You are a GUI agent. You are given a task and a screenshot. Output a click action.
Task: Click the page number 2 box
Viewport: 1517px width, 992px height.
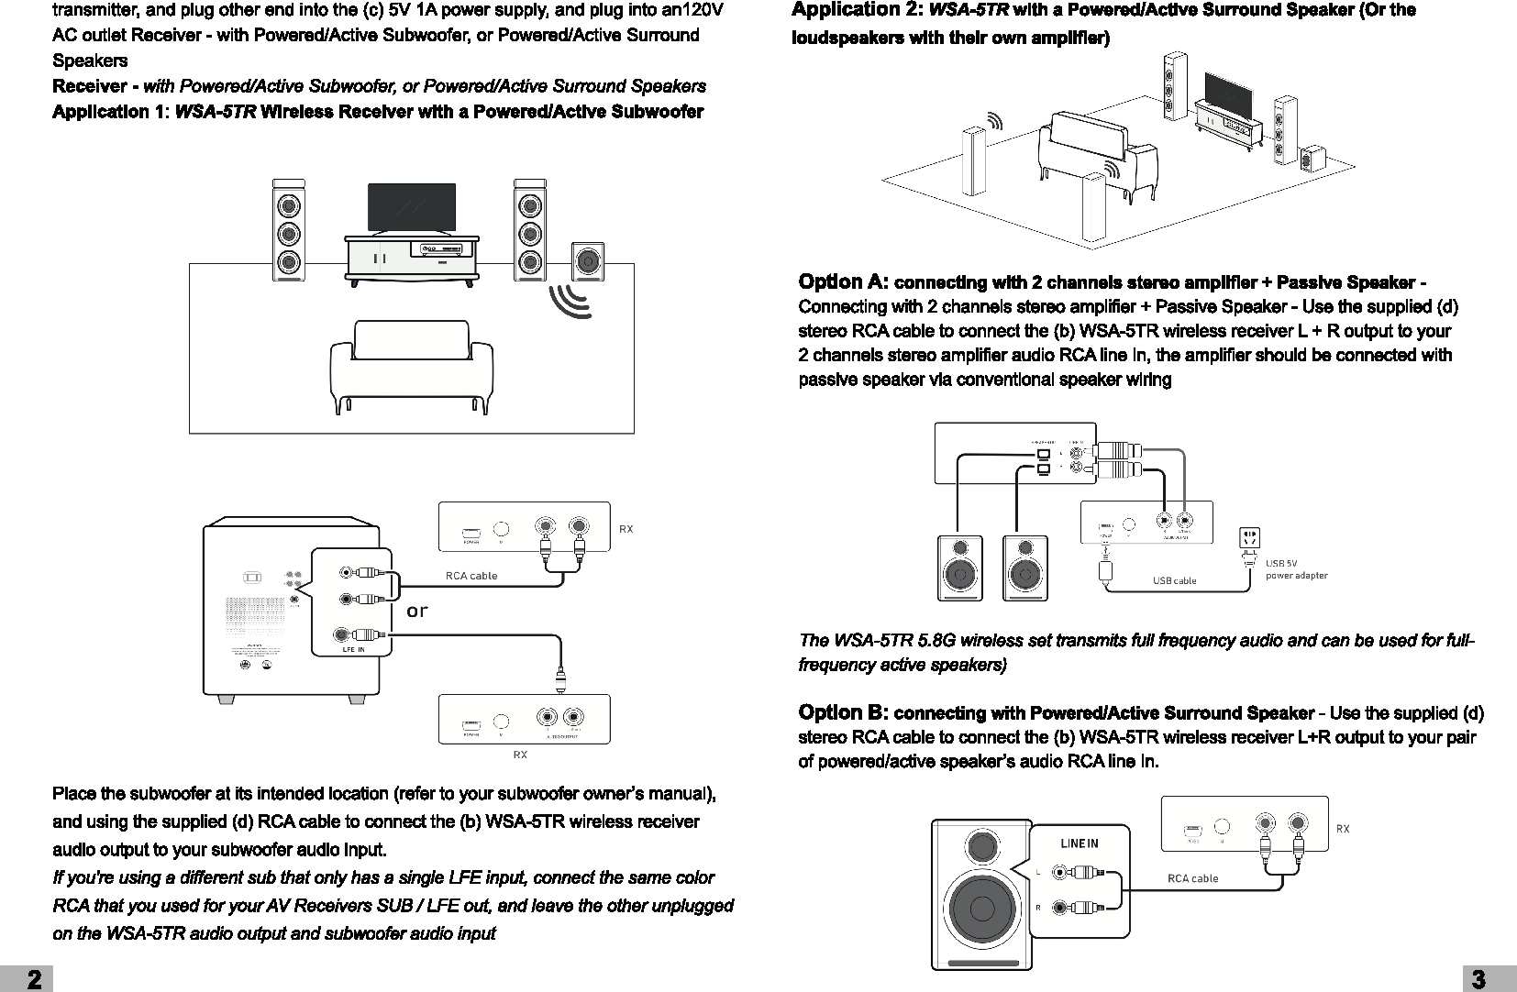click(x=28, y=979)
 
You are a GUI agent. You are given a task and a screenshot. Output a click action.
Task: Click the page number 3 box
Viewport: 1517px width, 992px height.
click(x=1489, y=979)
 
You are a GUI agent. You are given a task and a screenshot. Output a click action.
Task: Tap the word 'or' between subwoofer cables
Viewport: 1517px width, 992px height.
click(x=417, y=611)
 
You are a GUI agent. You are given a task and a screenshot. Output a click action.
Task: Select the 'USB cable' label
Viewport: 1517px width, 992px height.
click(x=1174, y=580)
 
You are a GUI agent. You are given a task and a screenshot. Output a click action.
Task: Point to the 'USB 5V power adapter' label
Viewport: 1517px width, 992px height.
click(x=1296, y=569)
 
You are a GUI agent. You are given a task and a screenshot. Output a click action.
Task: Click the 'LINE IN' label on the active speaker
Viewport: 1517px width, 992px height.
click(x=1079, y=843)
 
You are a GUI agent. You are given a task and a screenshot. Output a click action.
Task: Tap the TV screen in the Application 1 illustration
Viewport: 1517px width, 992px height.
click(x=411, y=207)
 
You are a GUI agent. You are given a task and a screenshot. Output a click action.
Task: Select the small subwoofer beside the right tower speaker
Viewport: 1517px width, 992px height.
click(x=587, y=261)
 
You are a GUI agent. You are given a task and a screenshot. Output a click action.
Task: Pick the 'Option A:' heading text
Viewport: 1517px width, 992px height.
click(x=843, y=281)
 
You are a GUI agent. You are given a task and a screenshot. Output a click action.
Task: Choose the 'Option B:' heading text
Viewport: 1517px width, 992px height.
click(x=843, y=712)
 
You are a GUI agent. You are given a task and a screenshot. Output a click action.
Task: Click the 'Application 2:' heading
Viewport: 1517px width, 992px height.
click(x=858, y=10)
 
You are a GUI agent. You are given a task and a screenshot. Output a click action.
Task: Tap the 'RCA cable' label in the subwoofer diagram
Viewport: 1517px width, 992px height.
click(x=471, y=576)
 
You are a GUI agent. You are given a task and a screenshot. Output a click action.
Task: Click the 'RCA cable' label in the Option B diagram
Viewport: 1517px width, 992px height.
click(x=1192, y=878)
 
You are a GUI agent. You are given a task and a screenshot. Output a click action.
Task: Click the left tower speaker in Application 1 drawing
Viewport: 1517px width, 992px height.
click(x=289, y=229)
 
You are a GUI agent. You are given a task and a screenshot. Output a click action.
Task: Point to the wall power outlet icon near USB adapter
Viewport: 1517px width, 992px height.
click(x=1249, y=538)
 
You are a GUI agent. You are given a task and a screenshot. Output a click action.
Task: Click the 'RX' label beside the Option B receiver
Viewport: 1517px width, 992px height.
click(x=1343, y=829)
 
